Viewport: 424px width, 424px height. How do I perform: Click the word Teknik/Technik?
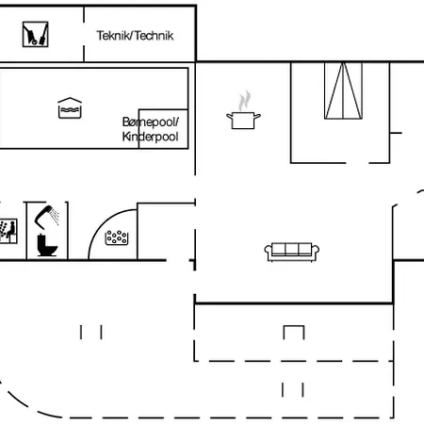pyautogui.click(x=135, y=36)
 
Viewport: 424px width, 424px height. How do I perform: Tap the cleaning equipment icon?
pyautogui.click(x=35, y=34)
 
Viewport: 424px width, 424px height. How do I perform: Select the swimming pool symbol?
pyautogui.click(x=70, y=108)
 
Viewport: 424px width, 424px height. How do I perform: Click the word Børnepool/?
pyautogui.click(x=151, y=122)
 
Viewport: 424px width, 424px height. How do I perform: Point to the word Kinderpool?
pyautogui.click(x=150, y=137)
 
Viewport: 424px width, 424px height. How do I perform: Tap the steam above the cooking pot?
pyautogui.click(x=244, y=101)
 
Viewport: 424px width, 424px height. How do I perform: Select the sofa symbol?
pyautogui.click(x=292, y=252)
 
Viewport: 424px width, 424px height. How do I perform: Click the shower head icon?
pyautogui.click(x=47, y=217)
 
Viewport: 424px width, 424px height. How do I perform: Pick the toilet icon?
pyautogui.click(x=47, y=245)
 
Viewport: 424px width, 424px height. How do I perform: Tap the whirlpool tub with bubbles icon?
pyautogui.click(x=117, y=237)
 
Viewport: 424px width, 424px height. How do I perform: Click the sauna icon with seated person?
pyautogui.click(x=8, y=231)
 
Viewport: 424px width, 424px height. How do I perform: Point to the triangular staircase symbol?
pyautogui.click(x=343, y=90)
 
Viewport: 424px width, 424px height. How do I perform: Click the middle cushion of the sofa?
pyautogui.click(x=292, y=249)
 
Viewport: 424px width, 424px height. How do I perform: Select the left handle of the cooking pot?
pyautogui.click(x=230, y=117)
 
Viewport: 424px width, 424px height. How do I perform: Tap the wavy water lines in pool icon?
pyautogui.click(x=70, y=110)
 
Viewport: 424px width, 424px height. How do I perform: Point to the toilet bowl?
pyautogui.click(x=50, y=250)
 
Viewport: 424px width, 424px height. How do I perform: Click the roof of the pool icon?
pyautogui.click(x=70, y=100)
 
